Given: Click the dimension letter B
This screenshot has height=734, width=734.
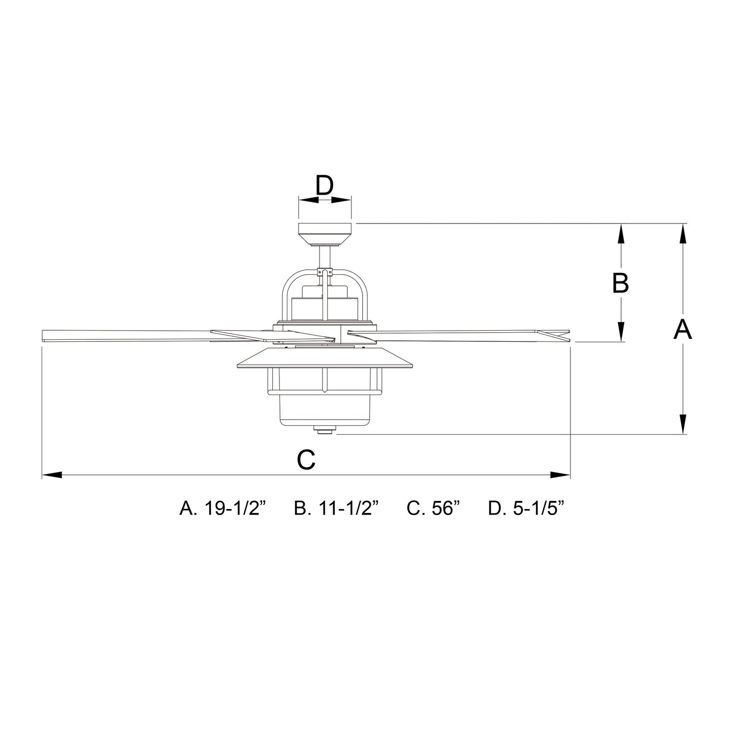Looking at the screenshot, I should tap(620, 283).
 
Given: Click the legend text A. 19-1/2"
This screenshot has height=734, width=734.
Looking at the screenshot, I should tap(223, 508).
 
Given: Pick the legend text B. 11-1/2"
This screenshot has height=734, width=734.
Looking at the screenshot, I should tap(337, 508).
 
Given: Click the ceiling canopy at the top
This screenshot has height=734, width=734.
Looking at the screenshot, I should tap(325, 234).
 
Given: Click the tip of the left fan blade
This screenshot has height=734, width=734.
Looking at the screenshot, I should tap(46, 335).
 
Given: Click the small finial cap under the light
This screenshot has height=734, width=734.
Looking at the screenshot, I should tap(324, 431).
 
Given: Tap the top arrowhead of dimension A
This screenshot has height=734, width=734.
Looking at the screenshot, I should tap(683, 234).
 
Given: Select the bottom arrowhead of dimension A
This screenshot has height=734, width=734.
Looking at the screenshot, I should tap(683, 424).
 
